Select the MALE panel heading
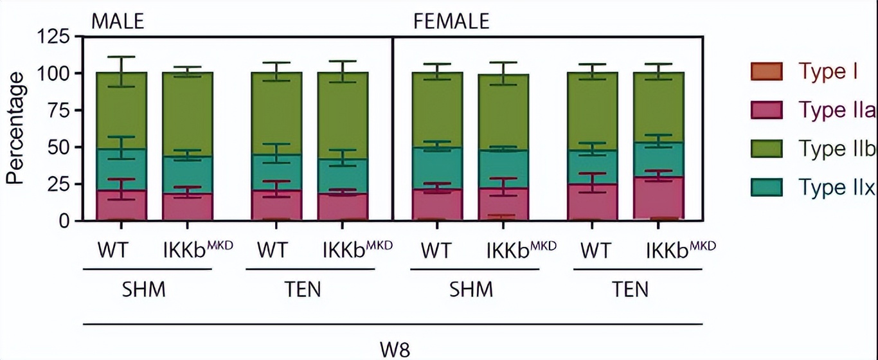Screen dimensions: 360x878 [x=117, y=22]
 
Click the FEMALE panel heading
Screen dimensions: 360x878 [x=451, y=22]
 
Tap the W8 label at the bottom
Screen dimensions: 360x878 [x=392, y=350]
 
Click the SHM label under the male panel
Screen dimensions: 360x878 [x=144, y=290]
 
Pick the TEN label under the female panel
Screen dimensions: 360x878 [x=631, y=290]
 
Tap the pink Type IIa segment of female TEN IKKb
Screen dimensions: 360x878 [x=659, y=199]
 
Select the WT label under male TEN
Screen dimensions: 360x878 [x=274, y=249]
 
